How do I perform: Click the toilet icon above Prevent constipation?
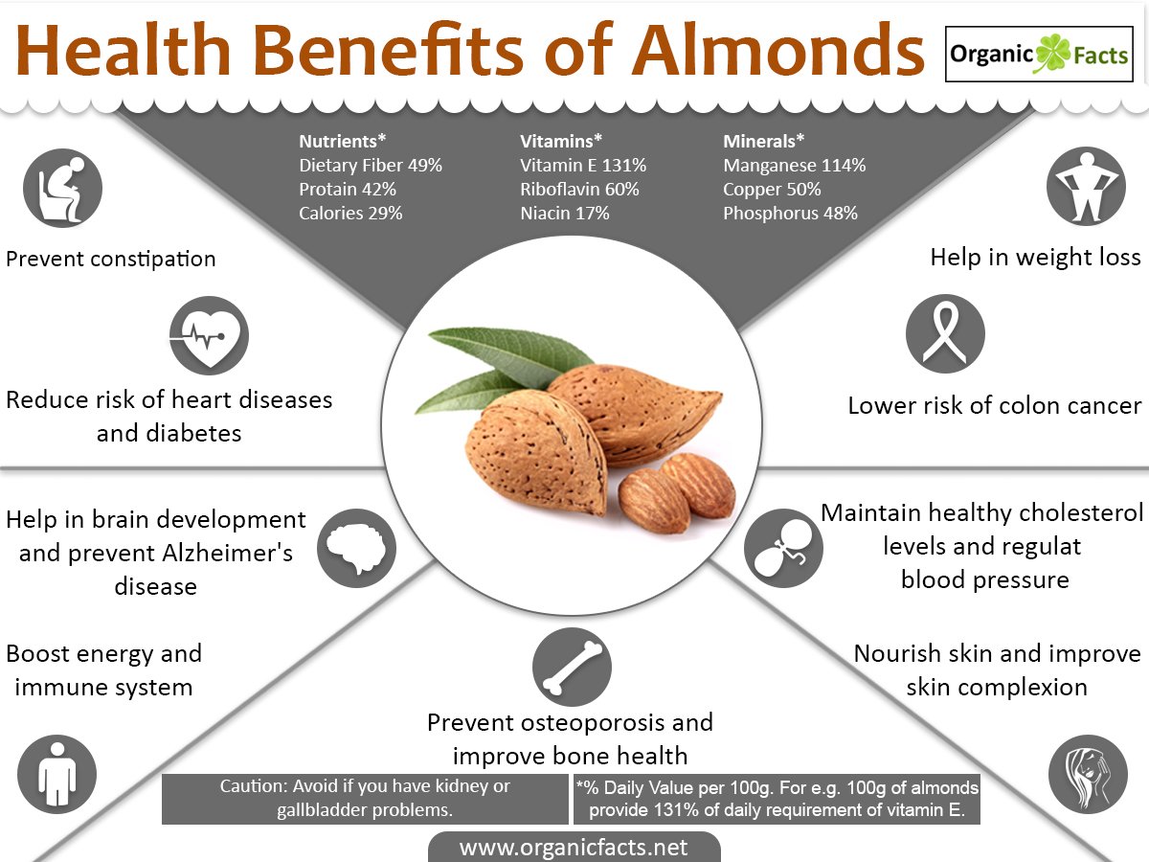coord(62,188)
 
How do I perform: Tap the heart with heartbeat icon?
coord(209,335)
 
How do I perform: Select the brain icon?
coord(356,548)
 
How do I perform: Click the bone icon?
coord(572,668)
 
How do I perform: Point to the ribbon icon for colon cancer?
coord(945,333)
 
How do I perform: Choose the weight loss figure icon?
coord(1086,187)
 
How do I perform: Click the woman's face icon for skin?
coord(1088,774)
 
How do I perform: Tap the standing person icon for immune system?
coord(57,774)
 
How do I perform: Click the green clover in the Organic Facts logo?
coord(1052,54)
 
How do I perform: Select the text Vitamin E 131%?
coord(583,166)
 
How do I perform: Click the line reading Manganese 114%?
coord(794,166)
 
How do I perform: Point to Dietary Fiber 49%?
coord(371,166)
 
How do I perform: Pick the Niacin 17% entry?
coord(565,214)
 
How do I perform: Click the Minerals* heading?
coord(764,142)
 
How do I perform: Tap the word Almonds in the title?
coord(778,51)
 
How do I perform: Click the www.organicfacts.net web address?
coord(574,848)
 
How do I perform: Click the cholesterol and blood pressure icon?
coord(783,548)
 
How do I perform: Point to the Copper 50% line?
coord(772,190)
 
